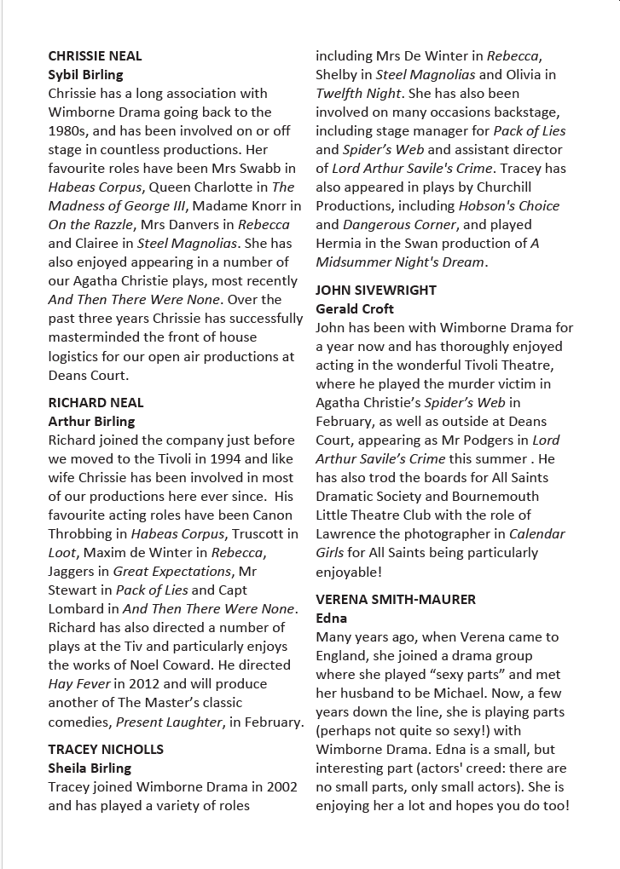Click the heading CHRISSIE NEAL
(x=95, y=56)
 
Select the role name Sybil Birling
(x=85, y=75)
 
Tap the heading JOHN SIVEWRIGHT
(x=375, y=291)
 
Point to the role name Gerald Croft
(x=355, y=309)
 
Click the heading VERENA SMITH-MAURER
(x=396, y=600)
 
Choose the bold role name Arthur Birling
(x=91, y=422)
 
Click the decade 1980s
(x=69, y=131)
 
